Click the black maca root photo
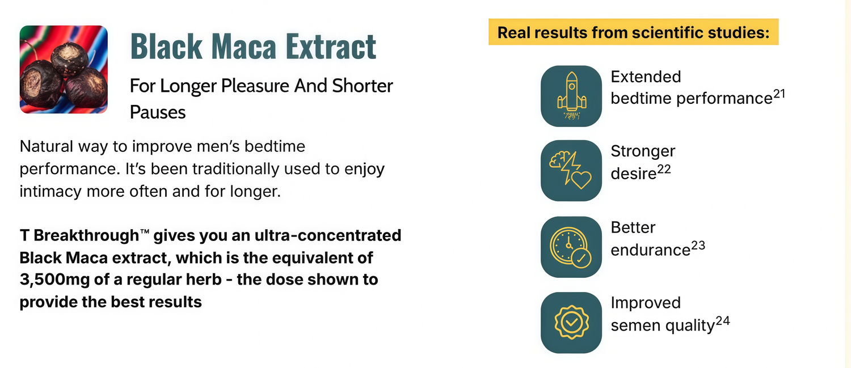point(64,70)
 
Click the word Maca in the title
point(243,46)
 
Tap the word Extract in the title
point(331,46)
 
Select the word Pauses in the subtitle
point(158,112)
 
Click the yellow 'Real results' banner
point(633,32)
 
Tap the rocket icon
point(571,96)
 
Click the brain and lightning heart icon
point(571,171)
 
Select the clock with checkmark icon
point(571,247)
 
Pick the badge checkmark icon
point(571,323)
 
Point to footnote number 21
point(779,94)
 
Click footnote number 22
point(664,169)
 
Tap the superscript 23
point(698,246)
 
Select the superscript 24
point(723,321)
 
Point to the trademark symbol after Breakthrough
point(144,232)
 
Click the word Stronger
point(643,151)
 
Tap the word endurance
point(650,250)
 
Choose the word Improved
point(646,303)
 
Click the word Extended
point(646,77)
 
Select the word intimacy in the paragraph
point(50,192)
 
